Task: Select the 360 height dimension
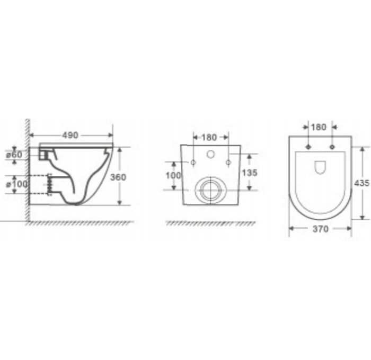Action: tap(117, 177)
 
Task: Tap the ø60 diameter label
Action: tap(14, 154)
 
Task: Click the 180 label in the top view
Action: tap(320, 127)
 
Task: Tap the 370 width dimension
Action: tap(320, 229)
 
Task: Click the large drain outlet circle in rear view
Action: tap(211, 190)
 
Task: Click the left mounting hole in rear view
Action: tap(193, 161)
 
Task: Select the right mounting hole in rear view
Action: tap(228, 161)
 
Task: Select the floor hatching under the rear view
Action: tap(210, 223)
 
